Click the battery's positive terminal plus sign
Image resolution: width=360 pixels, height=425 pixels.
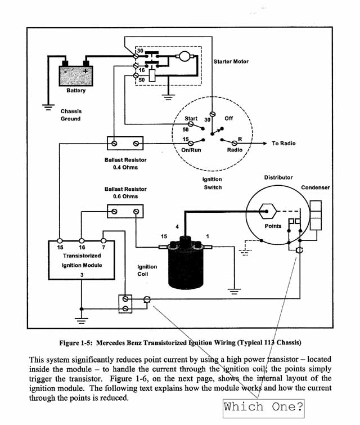[x=85, y=71]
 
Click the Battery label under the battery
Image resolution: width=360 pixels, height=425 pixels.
[x=76, y=91]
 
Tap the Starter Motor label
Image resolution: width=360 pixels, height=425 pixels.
[x=231, y=61]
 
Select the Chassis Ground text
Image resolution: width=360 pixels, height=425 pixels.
[x=70, y=115]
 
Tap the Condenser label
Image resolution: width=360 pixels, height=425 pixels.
[x=316, y=187]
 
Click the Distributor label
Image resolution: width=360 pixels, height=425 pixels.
[x=278, y=177]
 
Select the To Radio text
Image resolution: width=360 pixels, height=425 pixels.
[x=283, y=144]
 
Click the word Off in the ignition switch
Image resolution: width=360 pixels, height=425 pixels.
[x=229, y=118]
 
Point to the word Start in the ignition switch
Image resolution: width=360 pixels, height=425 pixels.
[x=191, y=118]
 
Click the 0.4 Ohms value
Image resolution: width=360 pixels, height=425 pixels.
[x=125, y=168]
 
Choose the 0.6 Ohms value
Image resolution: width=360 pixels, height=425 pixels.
[x=125, y=196]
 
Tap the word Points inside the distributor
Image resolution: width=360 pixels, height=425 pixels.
[x=273, y=226]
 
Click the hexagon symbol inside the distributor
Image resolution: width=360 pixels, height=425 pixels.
[x=268, y=211]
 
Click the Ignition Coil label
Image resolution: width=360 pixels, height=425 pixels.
[x=147, y=270]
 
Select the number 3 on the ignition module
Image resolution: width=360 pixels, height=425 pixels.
[x=82, y=275]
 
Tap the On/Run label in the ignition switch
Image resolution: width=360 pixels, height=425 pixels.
[x=191, y=150]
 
